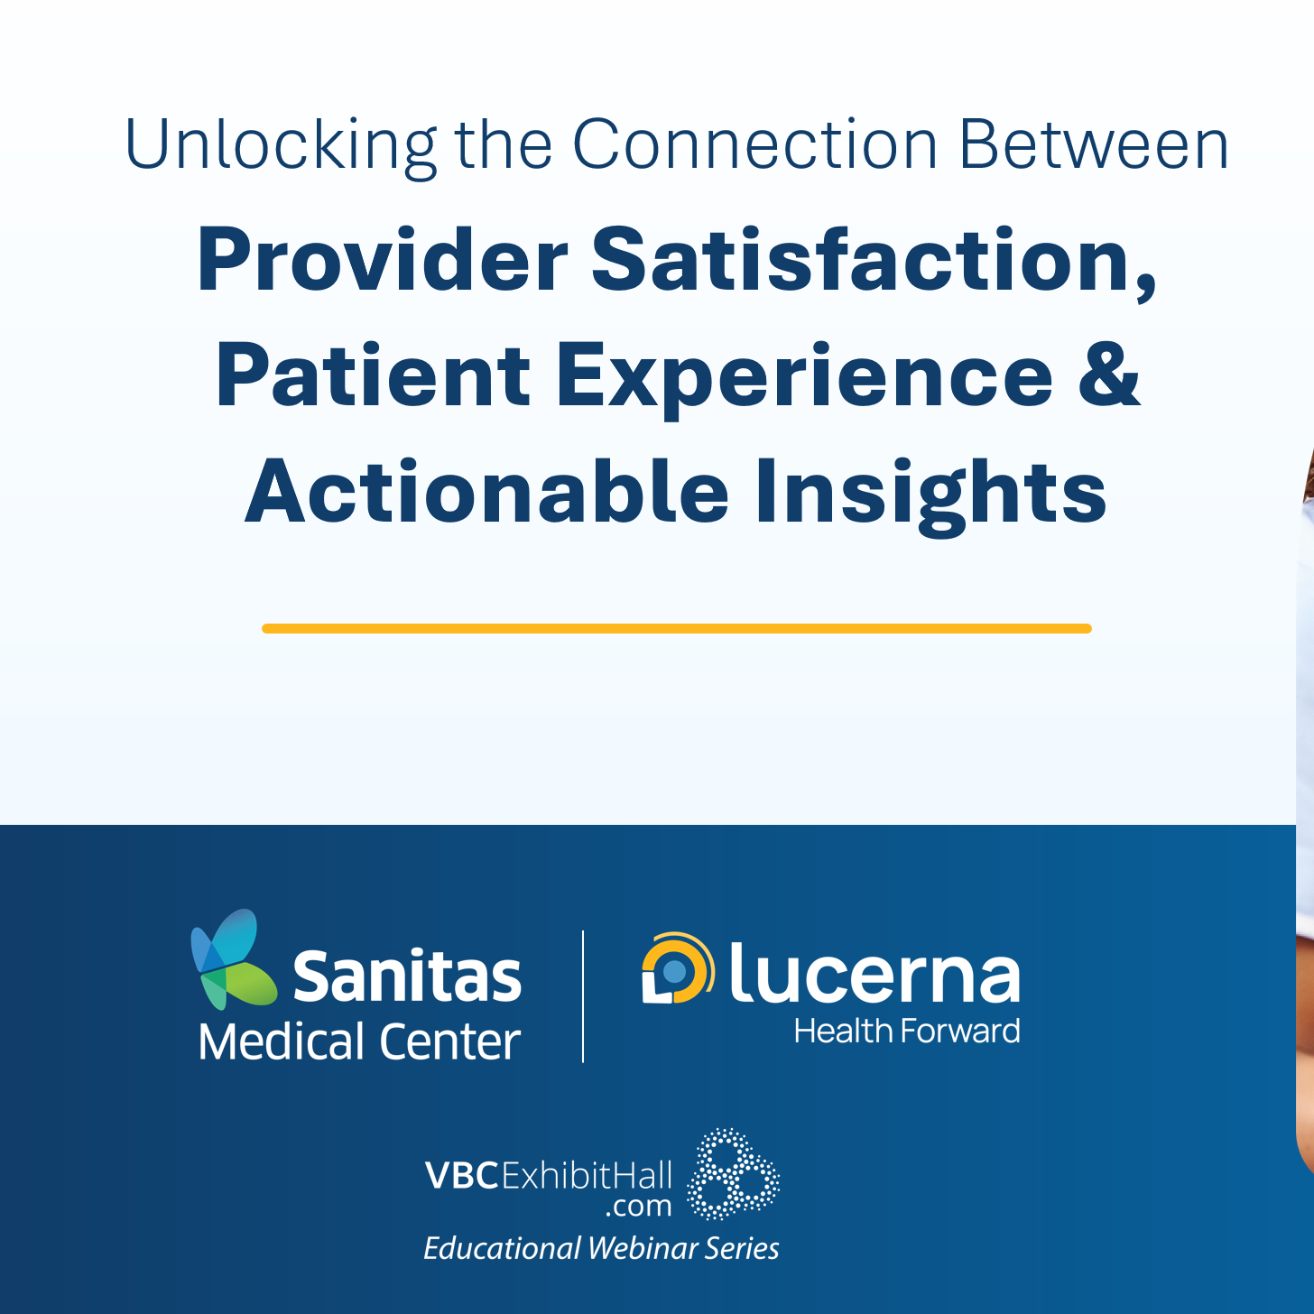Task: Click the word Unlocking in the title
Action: (281, 145)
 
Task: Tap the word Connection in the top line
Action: (755, 145)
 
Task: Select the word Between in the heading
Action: (1094, 145)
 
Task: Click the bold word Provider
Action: (382, 261)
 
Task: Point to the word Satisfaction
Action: (874, 261)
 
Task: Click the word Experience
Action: (804, 378)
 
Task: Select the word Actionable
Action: (486, 492)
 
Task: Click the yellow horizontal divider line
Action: (676, 628)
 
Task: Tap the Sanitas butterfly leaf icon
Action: (232, 960)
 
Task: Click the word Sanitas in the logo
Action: (407, 977)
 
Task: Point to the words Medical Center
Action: (359, 1042)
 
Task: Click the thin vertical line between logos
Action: (583, 996)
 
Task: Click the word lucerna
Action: (874, 975)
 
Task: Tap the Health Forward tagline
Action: (906, 1032)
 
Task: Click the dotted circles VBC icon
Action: (733, 1173)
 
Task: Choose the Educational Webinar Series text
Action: (601, 1248)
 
